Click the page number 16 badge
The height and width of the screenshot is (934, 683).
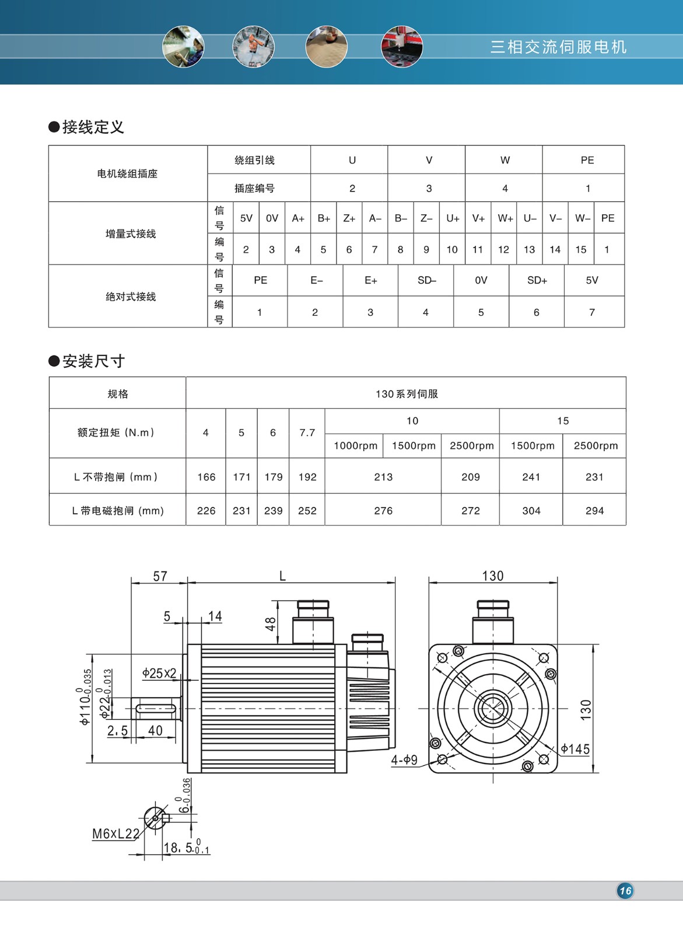tap(625, 891)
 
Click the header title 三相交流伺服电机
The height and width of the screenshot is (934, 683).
tap(558, 47)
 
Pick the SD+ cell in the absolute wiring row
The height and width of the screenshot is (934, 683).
tap(537, 280)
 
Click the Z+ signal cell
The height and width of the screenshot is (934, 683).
tap(349, 218)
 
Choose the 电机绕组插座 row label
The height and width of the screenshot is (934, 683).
tap(127, 173)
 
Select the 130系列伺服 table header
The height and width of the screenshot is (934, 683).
tap(406, 393)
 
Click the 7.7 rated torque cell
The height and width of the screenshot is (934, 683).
tap(307, 433)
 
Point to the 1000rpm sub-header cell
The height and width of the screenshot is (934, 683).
tap(355, 445)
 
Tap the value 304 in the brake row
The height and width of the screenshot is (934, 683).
tap(531, 510)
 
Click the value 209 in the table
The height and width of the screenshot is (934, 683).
tap(470, 476)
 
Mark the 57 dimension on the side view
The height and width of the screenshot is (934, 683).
tap(160, 576)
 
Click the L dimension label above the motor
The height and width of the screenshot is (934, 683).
tap(282, 576)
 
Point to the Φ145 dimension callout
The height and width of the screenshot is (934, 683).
tap(575, 749)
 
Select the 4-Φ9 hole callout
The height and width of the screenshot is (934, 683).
tap(404, 759)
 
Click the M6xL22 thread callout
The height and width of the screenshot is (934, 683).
tap(115, 834)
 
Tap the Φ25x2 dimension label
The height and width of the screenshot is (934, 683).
tap(159, 673)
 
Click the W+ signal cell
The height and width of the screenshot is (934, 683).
tap(505, 218)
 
